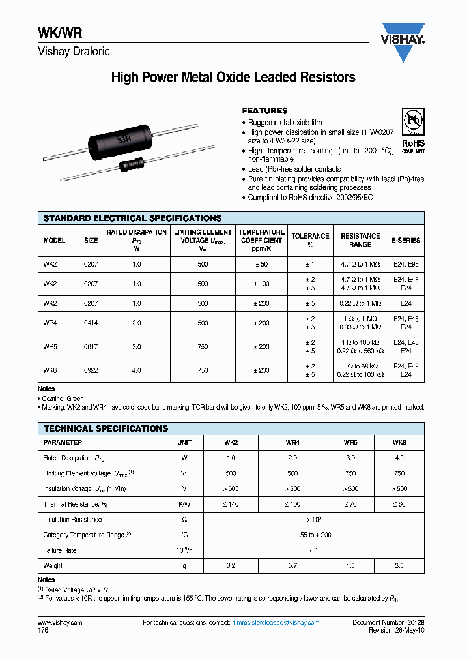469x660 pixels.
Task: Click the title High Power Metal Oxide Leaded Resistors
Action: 233,77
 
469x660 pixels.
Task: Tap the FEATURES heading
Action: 264,111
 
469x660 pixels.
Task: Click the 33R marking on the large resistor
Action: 122,140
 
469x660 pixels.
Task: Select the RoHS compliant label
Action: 412,145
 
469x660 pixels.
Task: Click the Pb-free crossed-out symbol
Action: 412,122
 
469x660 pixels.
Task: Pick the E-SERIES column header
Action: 406,240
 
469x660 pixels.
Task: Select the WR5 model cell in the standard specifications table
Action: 50,347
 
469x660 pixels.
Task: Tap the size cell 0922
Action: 91,370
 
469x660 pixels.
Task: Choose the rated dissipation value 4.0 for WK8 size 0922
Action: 137,370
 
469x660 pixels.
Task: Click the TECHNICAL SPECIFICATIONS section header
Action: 106,428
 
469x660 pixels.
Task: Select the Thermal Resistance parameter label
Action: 72,504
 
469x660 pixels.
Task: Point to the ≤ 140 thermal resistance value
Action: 231,504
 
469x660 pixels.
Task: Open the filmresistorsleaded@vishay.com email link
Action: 276,623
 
